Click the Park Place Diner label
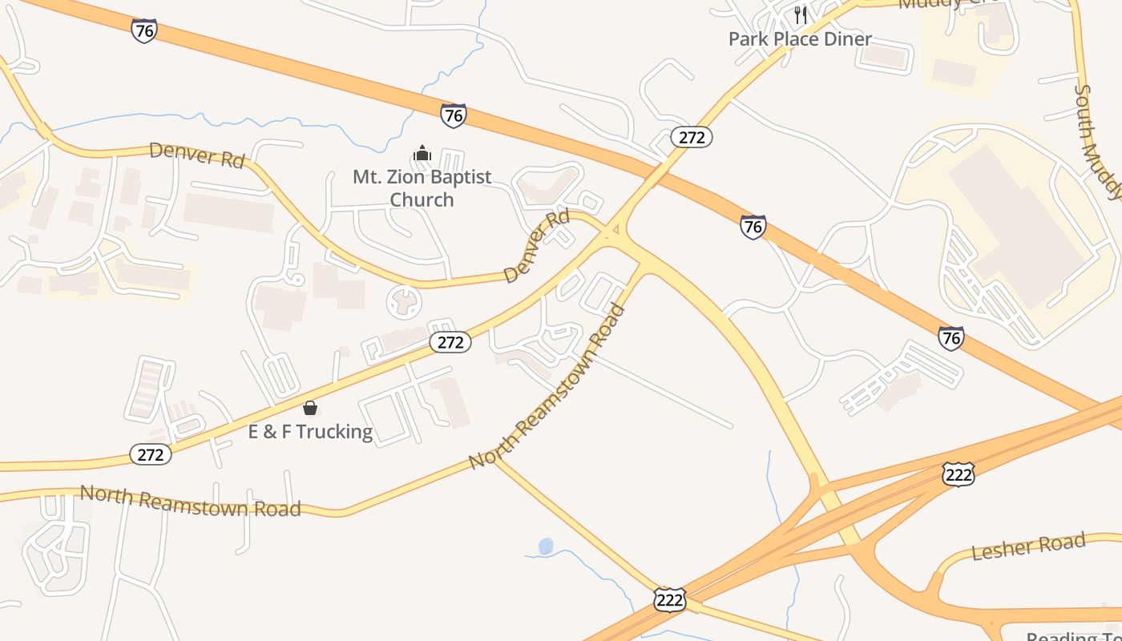click(800, 38)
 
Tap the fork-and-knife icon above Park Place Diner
click(800, 14)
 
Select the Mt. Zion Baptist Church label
click(422, 187)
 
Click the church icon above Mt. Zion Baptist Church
click(422, 153)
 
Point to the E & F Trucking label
click(310, 432)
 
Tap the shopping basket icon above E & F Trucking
click(310, 408)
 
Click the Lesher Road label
click(1028, 548)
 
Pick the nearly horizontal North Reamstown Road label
click(190, 500)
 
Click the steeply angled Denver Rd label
click(537, 246)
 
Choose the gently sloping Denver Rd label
click(196, 154)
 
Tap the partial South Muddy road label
click(1096, 140)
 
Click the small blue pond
click(546, 546)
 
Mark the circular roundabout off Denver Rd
click(404, 302)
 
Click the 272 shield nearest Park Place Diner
click(691, 137)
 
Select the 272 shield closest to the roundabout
click(450, 342)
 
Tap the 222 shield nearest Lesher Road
click(958, 474)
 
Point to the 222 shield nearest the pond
click(669, 599)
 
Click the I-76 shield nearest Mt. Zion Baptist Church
click(454, 115)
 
